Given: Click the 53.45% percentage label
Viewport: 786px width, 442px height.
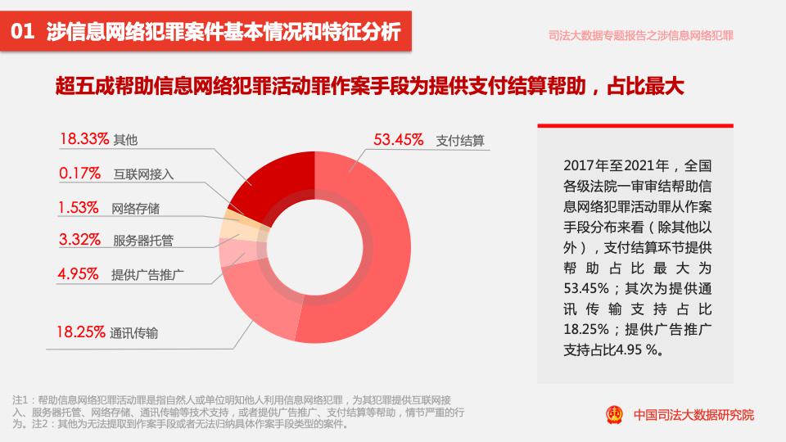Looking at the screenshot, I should [x=398, y=139].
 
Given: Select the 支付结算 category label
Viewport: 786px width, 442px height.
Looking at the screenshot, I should [x=460, y=140].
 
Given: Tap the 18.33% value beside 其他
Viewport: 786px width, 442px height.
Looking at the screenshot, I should [x=84, y=139].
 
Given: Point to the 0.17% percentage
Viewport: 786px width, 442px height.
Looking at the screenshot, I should [x=79, y=174].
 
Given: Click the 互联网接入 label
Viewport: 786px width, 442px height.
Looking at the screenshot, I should [x=144, y=174].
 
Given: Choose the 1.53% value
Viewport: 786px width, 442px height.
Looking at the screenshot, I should [x=79, y=207].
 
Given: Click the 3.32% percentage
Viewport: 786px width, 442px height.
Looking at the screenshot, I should [x=79, y=240].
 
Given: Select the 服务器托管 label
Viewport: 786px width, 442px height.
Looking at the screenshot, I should [x=143, y=241].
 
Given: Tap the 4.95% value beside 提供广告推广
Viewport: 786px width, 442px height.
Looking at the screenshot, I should [x=79, y=273].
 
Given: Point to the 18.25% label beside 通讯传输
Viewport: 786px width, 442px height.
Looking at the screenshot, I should [x=80, y=331].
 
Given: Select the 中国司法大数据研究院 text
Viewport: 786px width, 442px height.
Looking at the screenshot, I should [x=694, y=415].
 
